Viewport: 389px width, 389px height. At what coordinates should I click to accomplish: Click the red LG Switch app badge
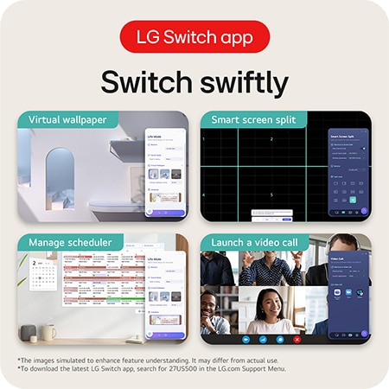pos(194,37)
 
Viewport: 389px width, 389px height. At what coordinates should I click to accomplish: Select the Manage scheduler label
pos(69,242)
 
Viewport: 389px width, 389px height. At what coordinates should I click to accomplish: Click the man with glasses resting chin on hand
pos(214,311)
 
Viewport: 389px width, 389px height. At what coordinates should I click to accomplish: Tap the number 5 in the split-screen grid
pos(271,195)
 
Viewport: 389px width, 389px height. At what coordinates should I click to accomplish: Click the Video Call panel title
pos(339,258)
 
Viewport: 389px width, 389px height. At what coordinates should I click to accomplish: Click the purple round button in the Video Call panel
pos(363,333)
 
